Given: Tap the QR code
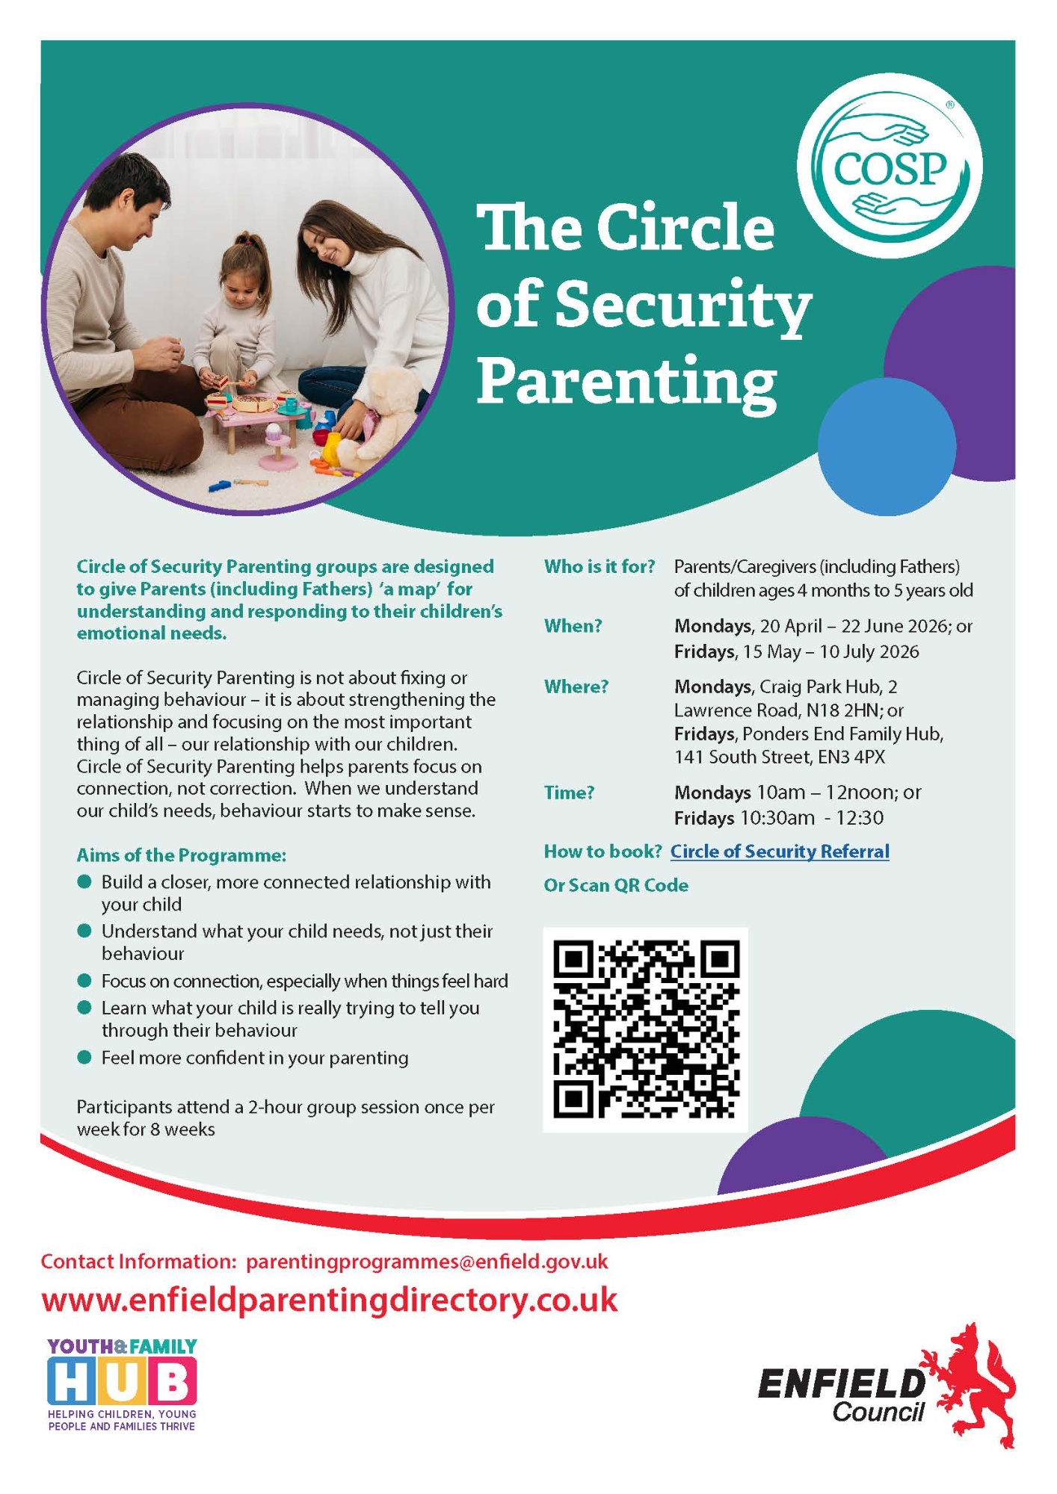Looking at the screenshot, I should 646,1029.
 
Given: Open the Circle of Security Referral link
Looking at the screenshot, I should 780,852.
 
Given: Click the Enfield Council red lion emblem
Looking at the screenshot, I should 973,1384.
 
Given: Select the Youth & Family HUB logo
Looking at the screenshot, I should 122,1384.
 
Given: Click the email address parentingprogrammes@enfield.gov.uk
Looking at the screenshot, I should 427,1262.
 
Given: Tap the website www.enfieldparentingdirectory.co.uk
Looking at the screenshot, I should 330,1300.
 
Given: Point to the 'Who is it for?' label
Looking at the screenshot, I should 599,567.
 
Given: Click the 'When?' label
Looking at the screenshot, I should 573,626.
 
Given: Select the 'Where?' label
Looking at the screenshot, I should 576,686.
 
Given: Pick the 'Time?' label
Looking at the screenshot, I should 569,793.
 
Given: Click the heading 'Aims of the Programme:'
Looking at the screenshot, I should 181,855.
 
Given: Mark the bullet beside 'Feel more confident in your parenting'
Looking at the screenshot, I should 84,1058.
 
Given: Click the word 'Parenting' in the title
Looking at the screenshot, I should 626,382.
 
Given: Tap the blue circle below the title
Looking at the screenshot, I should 887,447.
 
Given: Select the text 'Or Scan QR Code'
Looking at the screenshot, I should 616,885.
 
